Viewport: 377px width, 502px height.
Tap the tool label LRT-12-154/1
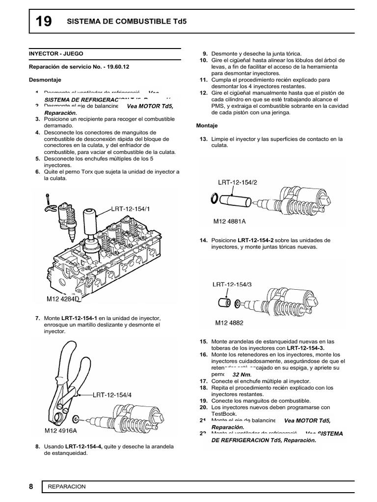[130, 209]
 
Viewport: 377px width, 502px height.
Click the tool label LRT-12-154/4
[112, 394]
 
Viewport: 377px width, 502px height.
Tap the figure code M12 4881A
[229, 221]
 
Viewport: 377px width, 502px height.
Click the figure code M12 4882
[229, 323]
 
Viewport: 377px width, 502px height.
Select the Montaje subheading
[207, 126]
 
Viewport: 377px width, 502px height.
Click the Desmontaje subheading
[42, 78]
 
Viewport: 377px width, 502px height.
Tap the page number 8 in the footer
[30, 486]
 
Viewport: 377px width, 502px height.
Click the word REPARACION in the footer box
[67, 486]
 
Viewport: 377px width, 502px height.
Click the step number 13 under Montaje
[204, 139]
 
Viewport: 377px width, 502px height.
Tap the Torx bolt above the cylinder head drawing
[47, 199]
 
